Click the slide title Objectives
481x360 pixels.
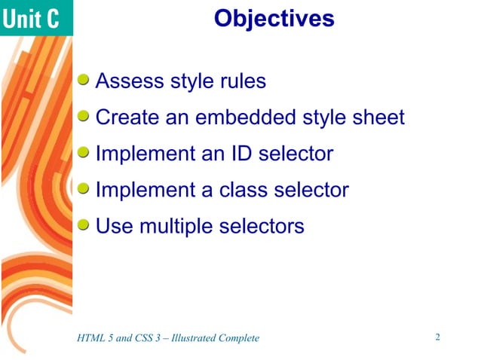point(274,18)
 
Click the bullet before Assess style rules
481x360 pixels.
point(85,80)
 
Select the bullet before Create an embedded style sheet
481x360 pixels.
point(85,116)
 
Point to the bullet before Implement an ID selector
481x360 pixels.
point(85,152)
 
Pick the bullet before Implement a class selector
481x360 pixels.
point(85,188)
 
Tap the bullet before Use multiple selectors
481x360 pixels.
point(85,224)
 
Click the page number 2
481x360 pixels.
point(437,337)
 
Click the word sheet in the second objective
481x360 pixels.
point(377,117)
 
